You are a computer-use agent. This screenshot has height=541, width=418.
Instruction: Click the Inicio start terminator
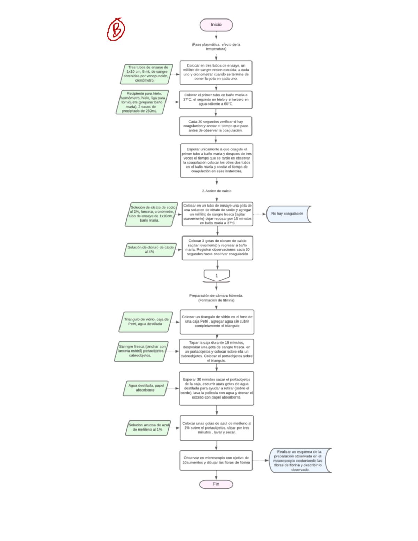[216, 25]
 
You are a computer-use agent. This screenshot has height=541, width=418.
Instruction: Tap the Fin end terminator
[216, 484]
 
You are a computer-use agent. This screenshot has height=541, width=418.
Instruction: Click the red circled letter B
[116, 30]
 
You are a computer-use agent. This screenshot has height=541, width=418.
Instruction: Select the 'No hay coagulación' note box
[288, 214]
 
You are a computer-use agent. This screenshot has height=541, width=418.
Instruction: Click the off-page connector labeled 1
[217, 276]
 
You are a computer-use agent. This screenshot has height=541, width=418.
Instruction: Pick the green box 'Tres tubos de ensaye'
[147, 74]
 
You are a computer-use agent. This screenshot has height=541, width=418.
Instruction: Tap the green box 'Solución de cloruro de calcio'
[150, 249]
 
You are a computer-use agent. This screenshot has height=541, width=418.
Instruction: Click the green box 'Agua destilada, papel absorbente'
[146, 388]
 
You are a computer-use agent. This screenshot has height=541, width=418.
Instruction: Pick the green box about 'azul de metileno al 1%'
[148, 427]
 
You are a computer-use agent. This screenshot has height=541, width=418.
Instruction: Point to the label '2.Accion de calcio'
[217, 191]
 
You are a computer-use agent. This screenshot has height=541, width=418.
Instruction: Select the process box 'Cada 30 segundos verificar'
[216, 126]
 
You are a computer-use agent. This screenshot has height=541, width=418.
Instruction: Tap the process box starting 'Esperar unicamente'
[217, 160]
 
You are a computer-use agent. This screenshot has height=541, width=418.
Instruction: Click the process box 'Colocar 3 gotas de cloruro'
[217, 248]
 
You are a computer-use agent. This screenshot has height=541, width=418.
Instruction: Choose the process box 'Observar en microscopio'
[216, 460]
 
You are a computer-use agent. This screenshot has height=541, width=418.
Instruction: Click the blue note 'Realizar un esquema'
[299, 461]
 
